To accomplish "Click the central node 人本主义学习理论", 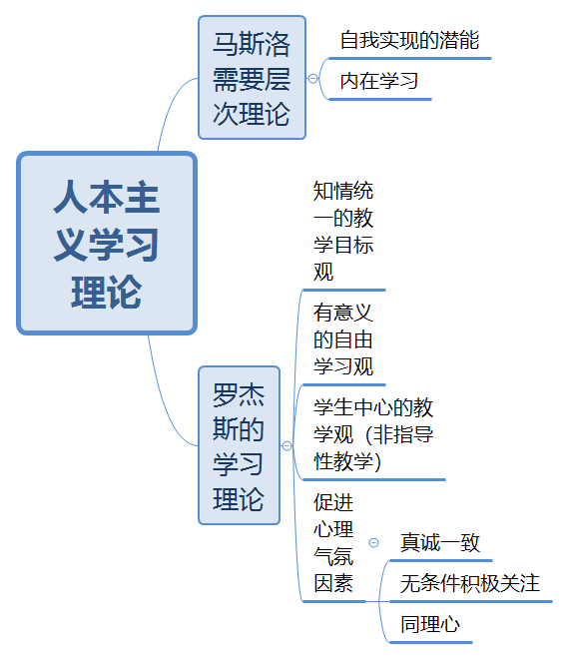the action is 107,244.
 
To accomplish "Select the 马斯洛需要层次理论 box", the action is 252,77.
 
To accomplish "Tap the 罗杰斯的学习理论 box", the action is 239,445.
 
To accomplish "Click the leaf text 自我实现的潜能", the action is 409,40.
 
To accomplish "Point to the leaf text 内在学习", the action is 379,81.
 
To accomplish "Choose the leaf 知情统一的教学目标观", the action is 343,232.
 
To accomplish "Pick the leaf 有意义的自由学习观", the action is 343,339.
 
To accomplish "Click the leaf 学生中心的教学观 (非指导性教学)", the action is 373,434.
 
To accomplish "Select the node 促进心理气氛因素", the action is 333,543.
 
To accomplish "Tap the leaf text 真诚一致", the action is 440,542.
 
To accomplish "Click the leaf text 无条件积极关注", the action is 470,583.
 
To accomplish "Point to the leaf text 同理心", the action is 430,624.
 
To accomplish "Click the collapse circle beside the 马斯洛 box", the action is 312,78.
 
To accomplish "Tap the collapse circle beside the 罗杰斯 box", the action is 286,445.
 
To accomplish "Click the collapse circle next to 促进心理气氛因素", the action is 373,543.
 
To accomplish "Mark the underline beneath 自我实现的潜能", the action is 410,59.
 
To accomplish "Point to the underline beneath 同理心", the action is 431,642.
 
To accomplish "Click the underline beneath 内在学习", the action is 380,99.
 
